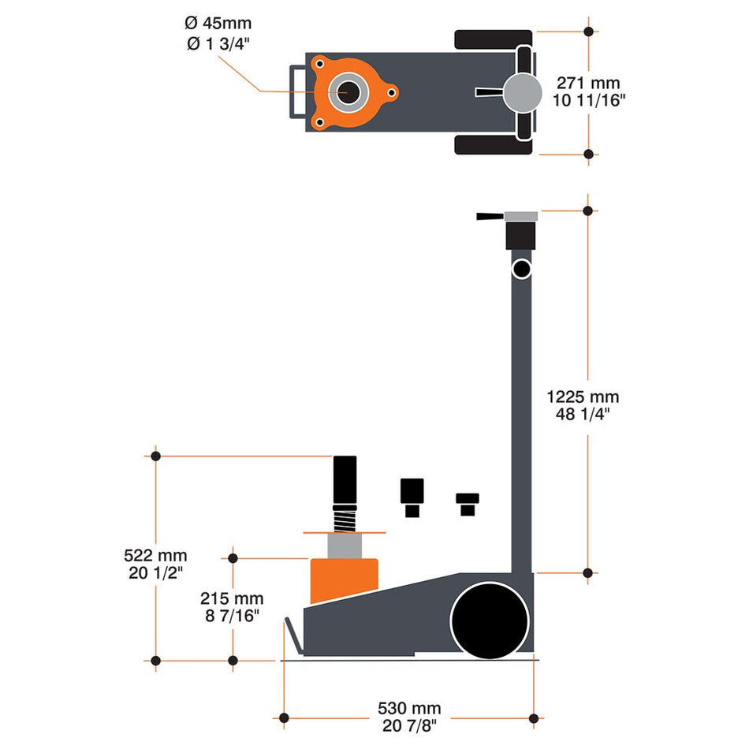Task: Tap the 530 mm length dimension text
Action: pos(408,708)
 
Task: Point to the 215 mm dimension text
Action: pos(231,598)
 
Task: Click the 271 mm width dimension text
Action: pos(587,82)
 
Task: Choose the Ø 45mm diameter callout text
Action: pos(220,24)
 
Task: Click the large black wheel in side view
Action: pos(489,620)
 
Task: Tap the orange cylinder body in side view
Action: pos(344,579)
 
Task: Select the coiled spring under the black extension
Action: pos(344,520)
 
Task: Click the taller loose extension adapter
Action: pos(412,497)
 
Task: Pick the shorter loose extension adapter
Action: pos(468,503)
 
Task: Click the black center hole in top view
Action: pos(348,92)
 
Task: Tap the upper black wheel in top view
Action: pos(494,40)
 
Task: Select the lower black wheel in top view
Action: pos(494,144)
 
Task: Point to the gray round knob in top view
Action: pos(524,92)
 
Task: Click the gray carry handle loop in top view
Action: pos(298,92)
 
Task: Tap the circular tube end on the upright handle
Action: pos(520,269)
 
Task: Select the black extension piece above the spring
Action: pos(345,481)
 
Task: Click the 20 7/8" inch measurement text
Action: pos(408,725)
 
